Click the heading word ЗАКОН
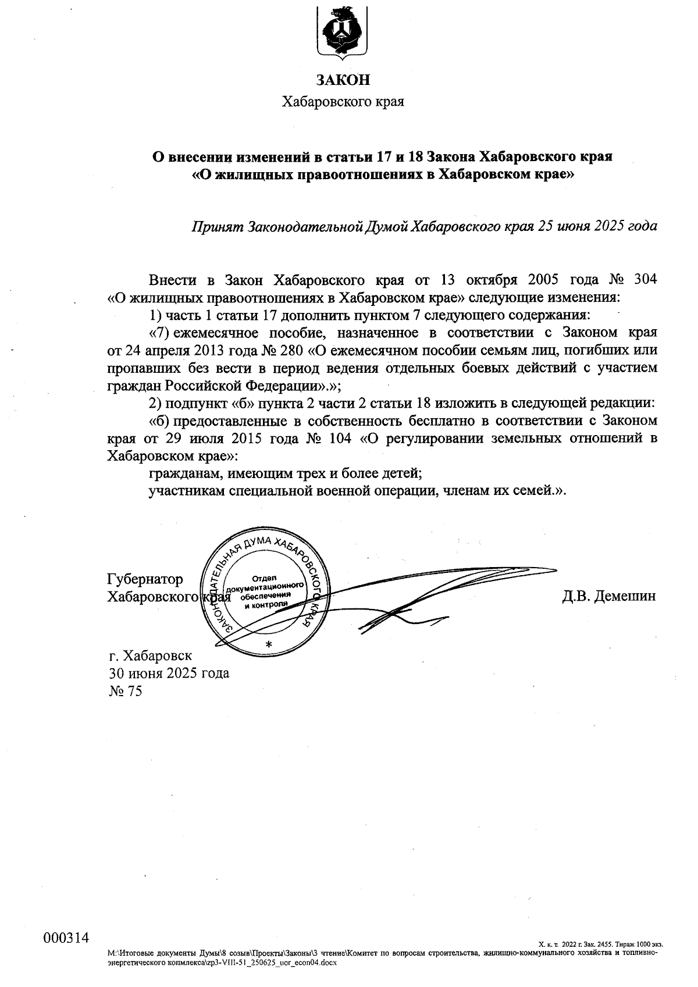tap(343, 80)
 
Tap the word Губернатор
tap(145, 579)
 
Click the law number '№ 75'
tap(125, 691)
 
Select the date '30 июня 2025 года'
tap(169, 674)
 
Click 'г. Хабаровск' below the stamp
tap(150, 656)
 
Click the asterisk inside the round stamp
tap(268, 645)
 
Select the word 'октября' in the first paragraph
tap(490, 279)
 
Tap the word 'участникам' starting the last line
tap(184, 490)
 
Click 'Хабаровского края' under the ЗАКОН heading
tap(343, 102)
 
